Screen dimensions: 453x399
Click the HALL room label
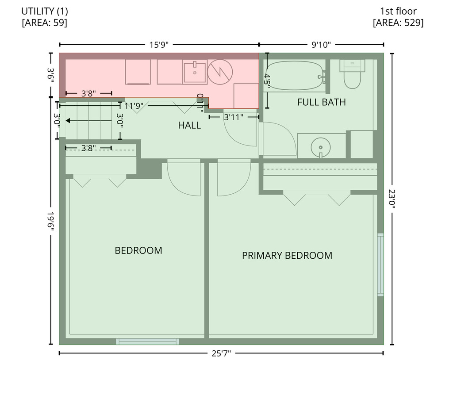coord(189,125)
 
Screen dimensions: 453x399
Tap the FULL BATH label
coord(322,102)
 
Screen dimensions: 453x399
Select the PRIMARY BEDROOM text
coord(287,255)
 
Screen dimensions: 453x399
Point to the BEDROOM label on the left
coord(138,250)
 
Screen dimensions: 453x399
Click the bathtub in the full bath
coord(294,76)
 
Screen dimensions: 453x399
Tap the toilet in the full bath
coord(352,74)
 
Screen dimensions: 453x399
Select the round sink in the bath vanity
coord(321,147)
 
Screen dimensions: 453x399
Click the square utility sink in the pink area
coord(195,72)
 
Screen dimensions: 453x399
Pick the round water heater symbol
coord(220,72)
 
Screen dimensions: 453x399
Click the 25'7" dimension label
coord(221,353)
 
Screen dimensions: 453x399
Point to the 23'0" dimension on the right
coord(392,199)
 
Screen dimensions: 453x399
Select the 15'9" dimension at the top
coord(159,45)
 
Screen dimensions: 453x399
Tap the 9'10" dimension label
coord(321,45)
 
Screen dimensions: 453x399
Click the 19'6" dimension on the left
coord(51,221)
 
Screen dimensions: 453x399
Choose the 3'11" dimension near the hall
coord(234,117)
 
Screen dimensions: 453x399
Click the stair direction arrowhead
coord(68,120)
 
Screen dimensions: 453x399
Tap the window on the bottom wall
coord(147,341)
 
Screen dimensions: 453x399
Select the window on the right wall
coord(380,265)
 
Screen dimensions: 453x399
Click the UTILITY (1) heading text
coord(45,11)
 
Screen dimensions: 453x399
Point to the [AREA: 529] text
coord(398,23)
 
